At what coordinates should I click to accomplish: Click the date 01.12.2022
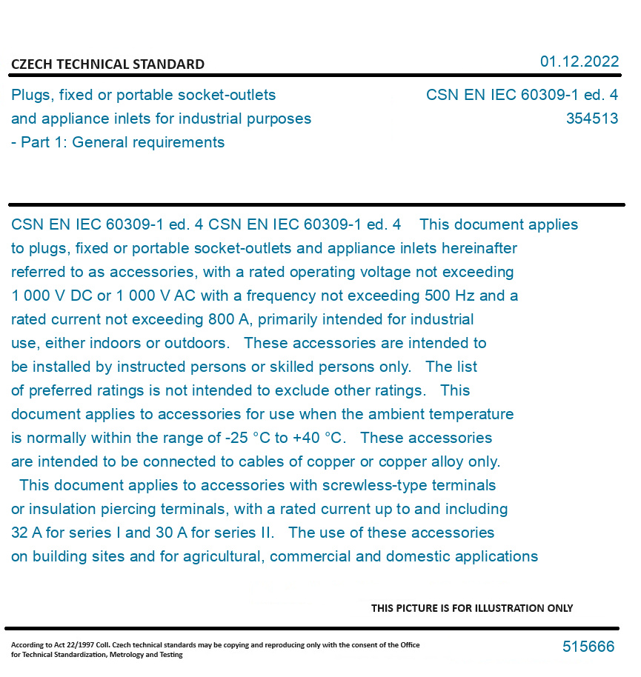[x=579, y=61]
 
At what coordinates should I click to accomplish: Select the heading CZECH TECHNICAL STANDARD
[x=107, y=64]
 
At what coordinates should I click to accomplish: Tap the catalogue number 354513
[x=591, y=119]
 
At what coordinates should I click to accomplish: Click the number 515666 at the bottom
[x=588, y=647]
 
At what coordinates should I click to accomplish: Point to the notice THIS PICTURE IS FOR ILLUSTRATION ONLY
[x=472, y=608]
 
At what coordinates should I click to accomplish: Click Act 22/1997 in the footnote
[x=75, y=645]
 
